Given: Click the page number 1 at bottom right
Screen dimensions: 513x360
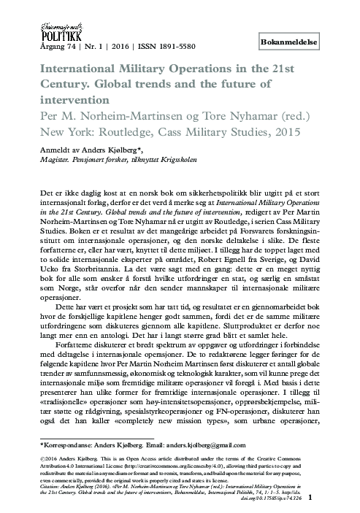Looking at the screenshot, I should coord(331,498).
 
